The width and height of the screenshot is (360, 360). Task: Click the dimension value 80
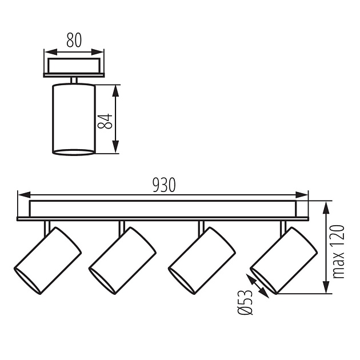coord(74,40)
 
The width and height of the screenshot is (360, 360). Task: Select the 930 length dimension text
coord(164,185)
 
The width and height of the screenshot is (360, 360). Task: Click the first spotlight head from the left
coord(48,260)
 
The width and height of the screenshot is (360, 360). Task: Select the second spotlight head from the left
coord(122,260)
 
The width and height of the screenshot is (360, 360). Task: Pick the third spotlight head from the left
coord(202,260)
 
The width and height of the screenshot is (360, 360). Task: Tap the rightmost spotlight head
coord(283,260)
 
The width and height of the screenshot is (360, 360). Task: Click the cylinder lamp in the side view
coord(74,119)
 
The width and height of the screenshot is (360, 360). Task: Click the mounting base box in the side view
coord(74,65)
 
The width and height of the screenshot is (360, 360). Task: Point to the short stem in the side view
coord(74,80)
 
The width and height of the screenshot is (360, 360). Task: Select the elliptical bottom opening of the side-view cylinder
coord(74,152)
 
